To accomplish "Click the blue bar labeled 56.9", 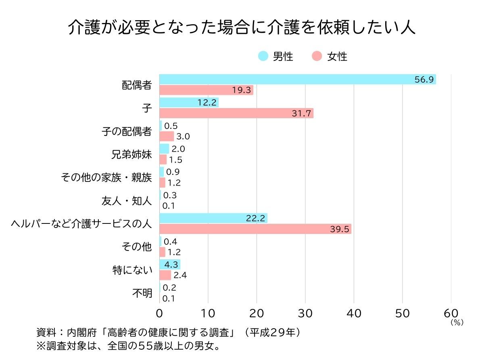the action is [x=297, y=79].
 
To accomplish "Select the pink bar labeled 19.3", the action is [x=206, y=90].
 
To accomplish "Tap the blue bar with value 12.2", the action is [x=189, y=102].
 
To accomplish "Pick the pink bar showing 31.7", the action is [x=236, y=113].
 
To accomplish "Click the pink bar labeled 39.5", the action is [x=255, y=229].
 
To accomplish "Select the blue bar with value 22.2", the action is [x=213, y=218].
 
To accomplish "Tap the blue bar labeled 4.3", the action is [x=170, y=265].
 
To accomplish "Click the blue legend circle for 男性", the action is [x=263, y=56].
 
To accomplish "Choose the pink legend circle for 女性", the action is [x=317, y=56].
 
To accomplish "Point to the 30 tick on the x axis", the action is [x=305, y=314].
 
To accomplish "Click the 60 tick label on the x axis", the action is [x=451, y=314].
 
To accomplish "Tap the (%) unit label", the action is [x=457, y=323].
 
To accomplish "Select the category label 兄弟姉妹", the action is [x=131, y=154].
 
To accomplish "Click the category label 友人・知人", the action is [x=127, y=201].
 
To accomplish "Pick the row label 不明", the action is [x=142, y=293].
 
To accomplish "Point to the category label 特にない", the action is [x=132, y=270].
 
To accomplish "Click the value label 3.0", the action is [x=183, y=136].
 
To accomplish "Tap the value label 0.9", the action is [x=173, y=172].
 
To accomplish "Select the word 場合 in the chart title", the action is [x=234, y=27].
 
